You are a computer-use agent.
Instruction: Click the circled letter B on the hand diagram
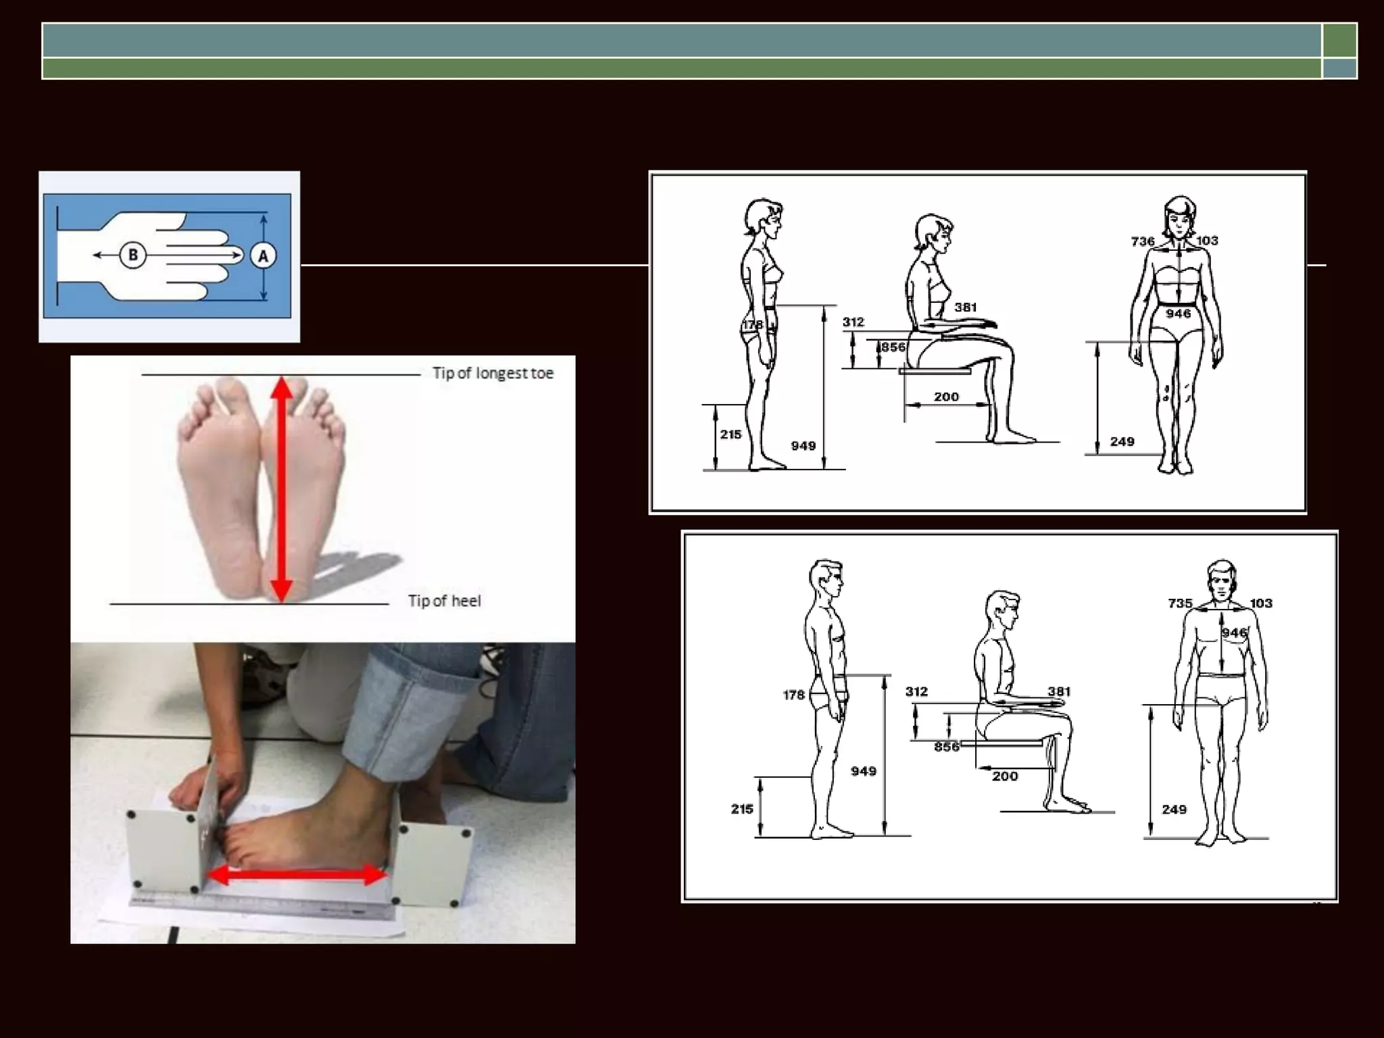[x=133, y=255]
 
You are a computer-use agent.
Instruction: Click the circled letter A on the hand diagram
[x=263, y=255]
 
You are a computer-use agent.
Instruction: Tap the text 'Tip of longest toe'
[x=493, y=373]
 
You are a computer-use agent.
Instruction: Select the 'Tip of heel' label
[x=444, y=601]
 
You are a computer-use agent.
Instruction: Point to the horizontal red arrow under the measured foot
[x=297, y=875]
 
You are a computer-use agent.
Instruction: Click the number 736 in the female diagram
[x=1143, y=241]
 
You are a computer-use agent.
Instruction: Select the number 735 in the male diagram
[x=1180, y=603]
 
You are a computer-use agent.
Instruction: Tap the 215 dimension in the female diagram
[x=731, y=435]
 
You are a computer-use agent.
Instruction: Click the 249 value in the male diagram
[x=1174, y=809]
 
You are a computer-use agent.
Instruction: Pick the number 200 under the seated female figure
[x=946, y=397]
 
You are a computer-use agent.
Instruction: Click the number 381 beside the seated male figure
[x=1059, y=691]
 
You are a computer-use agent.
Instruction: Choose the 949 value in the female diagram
[x=804, y=446]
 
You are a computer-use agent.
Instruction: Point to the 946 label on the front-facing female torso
[x=1178, y=314]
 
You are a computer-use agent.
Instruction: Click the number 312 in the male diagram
[x=916, y=691]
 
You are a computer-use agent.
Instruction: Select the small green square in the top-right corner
[x=1339, y=40]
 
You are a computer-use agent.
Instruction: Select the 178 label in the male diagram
[x=793, y=695]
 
